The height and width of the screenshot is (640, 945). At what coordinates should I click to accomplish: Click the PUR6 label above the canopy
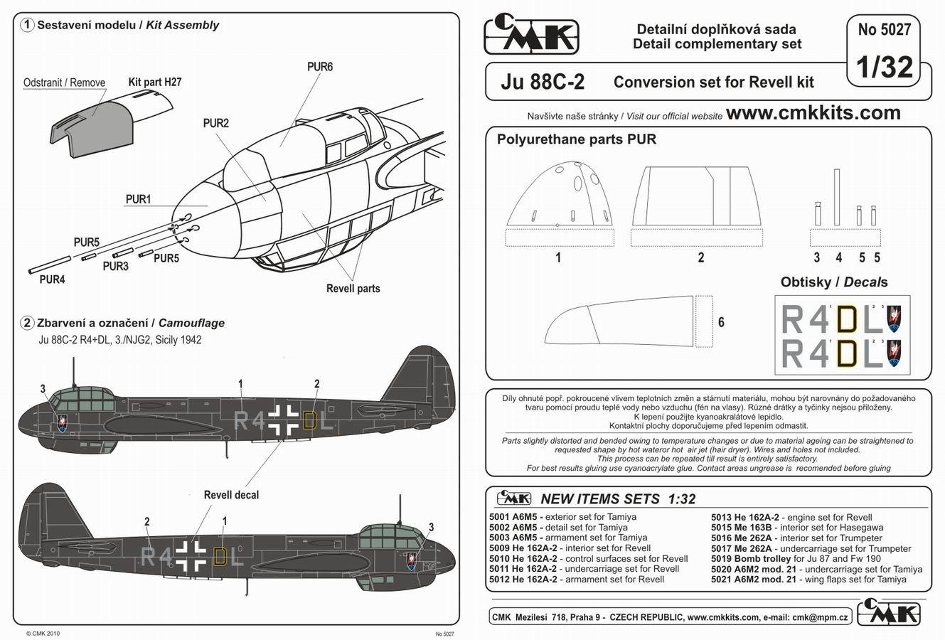tap(320, 67)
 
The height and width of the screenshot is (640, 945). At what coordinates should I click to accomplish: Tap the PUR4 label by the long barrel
tap(53, 279)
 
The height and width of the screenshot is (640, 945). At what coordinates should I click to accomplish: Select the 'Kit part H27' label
tap(155, 82)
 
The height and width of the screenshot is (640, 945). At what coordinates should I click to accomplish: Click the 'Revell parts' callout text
tap(353, 289)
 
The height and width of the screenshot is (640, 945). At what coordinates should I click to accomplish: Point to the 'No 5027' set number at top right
tap(885, 30)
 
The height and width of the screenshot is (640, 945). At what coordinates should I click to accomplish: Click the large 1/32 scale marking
tap(885, 67)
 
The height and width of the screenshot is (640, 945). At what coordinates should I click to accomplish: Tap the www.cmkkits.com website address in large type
tap(813, 112)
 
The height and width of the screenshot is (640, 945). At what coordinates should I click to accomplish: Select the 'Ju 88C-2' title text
tap(543, 82)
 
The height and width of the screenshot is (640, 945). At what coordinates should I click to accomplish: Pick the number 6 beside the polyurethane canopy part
tap(721, 322)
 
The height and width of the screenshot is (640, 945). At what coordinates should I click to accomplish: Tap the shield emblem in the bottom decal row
tap(894, 353)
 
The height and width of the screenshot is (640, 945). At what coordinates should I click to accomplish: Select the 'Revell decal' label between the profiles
tap(231, 495)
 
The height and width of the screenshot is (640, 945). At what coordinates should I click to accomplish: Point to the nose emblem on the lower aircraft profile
tap(411, 562)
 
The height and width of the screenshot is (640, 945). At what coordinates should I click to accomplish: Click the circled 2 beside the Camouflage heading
tap(27, 323)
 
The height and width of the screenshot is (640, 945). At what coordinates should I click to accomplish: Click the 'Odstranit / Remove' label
tap(64, 82)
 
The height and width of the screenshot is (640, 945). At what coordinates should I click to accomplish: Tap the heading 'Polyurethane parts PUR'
tap(576, 139)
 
